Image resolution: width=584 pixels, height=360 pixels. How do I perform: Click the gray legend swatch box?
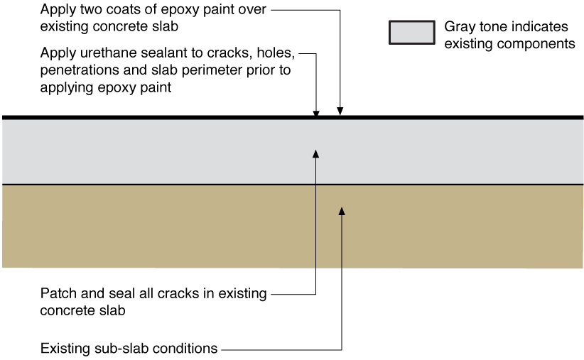click(x=412, y=33)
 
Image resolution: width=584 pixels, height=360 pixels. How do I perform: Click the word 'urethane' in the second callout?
click(x=106, y=53)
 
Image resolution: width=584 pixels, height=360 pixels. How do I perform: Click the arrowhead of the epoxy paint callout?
click(x=340, y=111)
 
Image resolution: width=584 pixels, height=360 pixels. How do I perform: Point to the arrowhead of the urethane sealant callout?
click(x=316, y=114)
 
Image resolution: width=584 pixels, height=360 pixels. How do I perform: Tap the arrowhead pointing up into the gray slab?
click(x=316, y=154)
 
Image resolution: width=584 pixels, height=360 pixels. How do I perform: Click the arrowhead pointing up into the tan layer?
click(x=342, y=211)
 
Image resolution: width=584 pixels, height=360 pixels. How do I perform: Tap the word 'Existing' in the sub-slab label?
click(x=65, y=349)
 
